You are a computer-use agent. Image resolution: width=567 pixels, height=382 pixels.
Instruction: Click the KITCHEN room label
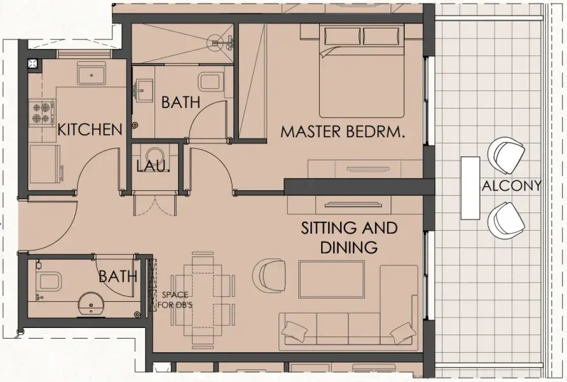[90, 130]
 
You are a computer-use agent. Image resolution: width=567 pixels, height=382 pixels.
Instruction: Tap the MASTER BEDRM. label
[342, 131]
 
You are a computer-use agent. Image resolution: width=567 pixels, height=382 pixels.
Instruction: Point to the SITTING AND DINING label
[349, 238]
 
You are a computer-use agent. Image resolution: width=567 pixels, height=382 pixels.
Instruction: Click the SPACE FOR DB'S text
[174, 300]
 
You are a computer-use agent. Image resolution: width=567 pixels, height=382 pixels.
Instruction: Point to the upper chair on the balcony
[507, 155]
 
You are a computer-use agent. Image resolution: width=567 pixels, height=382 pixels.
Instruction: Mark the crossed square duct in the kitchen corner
[33, 64]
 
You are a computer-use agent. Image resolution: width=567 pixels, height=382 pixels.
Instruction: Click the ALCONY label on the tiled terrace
[511, 186]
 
